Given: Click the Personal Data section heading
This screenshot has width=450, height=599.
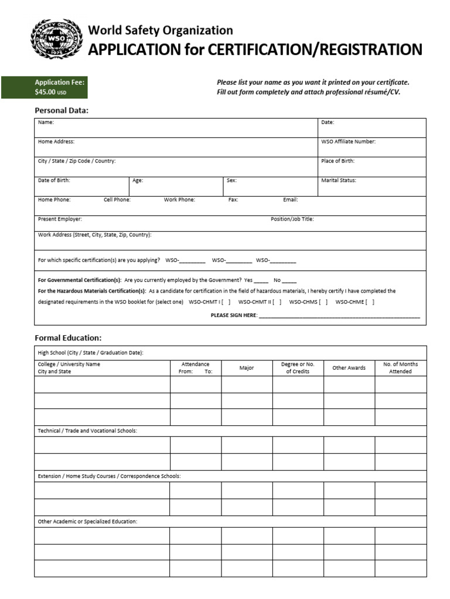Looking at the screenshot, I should [x=62, y=110].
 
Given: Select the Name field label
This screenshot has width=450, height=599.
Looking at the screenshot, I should [x=46, y=122].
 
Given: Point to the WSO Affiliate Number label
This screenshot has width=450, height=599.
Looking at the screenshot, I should [x=348, y=142].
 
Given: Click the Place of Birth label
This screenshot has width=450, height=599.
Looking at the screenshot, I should [x=337, y=161].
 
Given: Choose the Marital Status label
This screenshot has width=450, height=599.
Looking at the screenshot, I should [x=339, y=180].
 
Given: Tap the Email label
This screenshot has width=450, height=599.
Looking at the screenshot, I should [x=291, y=199].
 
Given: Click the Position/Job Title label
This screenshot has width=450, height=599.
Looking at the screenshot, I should [x=292, y=219].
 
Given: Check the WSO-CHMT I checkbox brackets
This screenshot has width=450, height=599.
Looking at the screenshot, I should [x=226, y=302].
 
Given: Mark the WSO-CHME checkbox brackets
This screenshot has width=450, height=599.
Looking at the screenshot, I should [x=370, y=302].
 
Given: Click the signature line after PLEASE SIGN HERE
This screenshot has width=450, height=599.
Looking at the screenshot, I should [x=339, y=315].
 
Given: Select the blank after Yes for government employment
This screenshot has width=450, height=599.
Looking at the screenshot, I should [x=261, y=281].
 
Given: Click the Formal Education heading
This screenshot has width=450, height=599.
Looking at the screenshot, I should [x=68, y=338].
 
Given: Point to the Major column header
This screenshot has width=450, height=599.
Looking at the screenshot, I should [x=247, y=368].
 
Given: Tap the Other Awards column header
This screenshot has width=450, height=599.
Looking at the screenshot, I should [x=349, y=368].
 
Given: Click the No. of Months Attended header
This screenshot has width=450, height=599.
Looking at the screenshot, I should [x=401, y=368].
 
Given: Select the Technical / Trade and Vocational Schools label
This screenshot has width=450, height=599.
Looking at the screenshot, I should [x=87, y=431].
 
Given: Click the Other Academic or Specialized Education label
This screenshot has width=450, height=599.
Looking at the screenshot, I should [x=87, y=521].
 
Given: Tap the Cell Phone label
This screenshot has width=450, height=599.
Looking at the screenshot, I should [x=117, y=199].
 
